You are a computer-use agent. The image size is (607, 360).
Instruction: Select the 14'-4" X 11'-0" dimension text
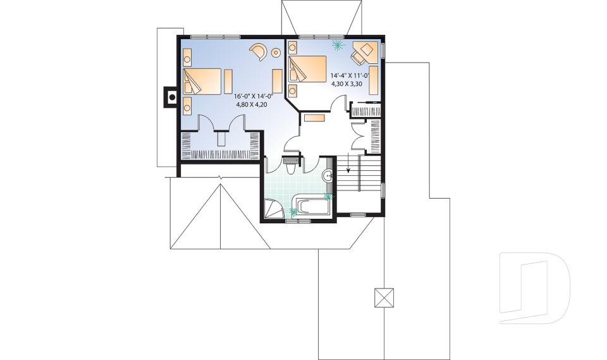pyautogui.click(x=350, y=75)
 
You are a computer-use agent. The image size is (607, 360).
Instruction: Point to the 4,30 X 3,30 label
pyautogui.click(x=348, y=83)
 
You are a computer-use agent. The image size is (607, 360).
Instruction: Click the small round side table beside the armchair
pyautogui.click(x=276, y=53)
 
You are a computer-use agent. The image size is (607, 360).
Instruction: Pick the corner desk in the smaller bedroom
pyautogui.click(x=364, y=52)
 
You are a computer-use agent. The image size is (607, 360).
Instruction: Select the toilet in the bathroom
pyautogui.click(x=290, y=168)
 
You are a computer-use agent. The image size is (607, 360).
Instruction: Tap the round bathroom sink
pyautogui.click(x=329, y=176)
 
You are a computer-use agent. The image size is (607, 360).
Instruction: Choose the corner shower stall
pyautogui.click(x=273, y=209)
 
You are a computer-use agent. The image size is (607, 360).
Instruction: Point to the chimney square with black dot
pyautogui.click(x=170, y=97)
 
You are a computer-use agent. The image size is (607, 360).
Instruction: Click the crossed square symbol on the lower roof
pyautogui.click(x=384, y=297)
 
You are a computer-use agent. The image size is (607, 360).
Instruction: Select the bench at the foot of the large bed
pyautogui.click(x=228, y=80)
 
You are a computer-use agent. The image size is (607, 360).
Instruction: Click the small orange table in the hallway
pyautogui.click(x=314, y=118)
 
